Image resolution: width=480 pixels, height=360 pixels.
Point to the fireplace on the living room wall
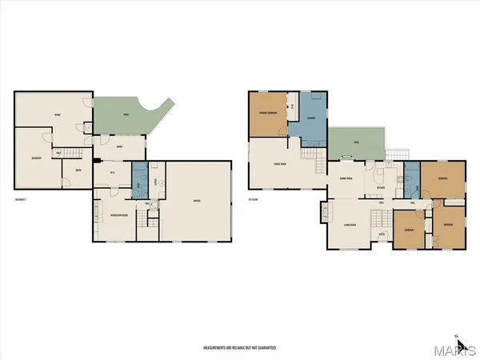(324, 214)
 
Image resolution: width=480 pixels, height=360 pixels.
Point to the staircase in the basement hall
(74, 152)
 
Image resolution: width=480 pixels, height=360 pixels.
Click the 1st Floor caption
(253, 199)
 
